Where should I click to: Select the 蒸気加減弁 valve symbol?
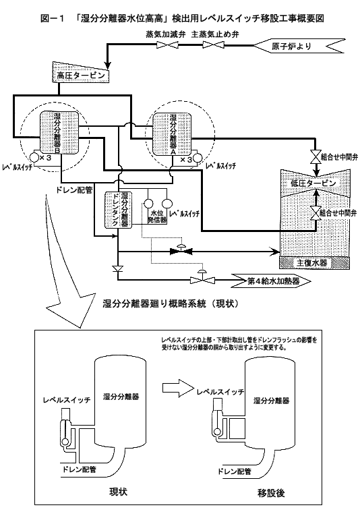165,45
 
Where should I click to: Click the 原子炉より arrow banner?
299,46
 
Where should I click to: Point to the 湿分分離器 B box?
60,132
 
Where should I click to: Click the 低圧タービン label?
313,183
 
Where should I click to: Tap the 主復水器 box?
316,263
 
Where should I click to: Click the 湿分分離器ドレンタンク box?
118,210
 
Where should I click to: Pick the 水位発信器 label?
156,216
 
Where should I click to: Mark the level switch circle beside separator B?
34,157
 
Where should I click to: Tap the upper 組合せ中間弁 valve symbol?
316,156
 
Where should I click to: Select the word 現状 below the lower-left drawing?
119,492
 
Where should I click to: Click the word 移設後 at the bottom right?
271,493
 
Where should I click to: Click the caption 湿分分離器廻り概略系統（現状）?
171,304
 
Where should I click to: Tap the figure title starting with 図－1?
182,18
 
